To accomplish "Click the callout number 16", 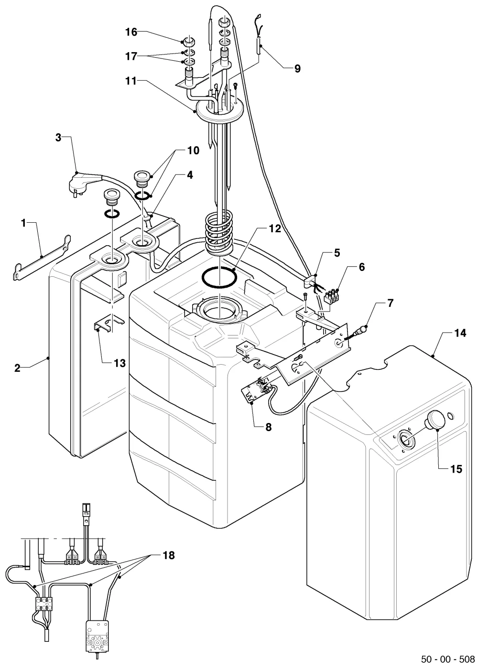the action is point(131,32).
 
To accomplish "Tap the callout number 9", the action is point(297,69).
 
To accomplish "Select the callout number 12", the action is point(275,229).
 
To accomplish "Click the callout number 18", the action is point(168,556).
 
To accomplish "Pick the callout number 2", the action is point(17,368).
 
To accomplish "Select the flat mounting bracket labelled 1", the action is point(42,258).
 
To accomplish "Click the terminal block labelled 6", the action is point(332,296).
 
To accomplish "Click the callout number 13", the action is point(119,363).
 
